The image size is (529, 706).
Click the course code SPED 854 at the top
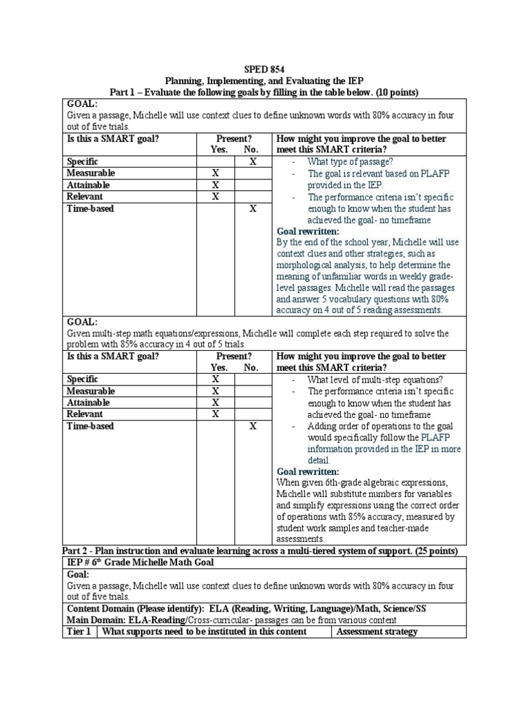pos(264,69)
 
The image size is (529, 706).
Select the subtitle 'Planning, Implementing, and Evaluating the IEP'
pos(264,81)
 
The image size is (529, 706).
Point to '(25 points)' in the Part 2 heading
pos(437,550)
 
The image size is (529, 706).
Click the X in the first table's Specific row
pos(253,161)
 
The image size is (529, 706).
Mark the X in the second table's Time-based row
pos(253,426)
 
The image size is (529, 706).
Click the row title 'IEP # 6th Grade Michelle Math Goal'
pos(141,562)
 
